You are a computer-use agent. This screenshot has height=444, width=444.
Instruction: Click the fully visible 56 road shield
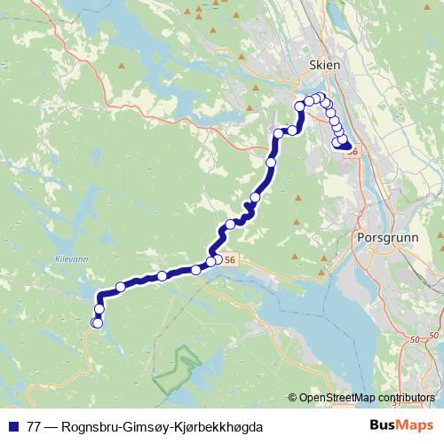[x=230, y=259]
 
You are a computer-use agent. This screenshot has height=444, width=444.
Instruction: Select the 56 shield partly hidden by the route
[x=353, y=152]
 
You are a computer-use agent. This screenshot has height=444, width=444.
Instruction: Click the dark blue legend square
[x=12, y=426]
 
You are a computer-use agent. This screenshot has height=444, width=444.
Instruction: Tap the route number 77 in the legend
[x=35, y=426]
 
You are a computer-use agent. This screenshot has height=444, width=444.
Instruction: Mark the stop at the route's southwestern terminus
[x=97, y=322]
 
